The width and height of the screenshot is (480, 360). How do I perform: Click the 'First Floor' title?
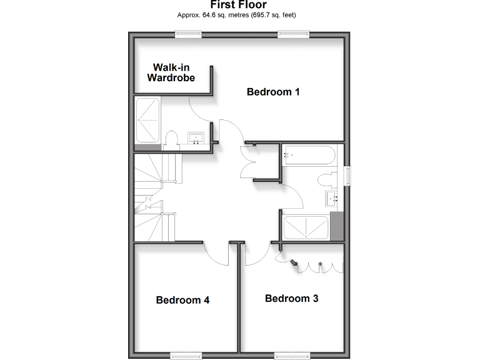click(x=239, y=5)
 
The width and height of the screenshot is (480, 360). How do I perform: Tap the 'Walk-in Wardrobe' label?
click(x=171, y=72)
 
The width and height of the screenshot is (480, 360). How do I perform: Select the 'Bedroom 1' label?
click(x=273, y=92)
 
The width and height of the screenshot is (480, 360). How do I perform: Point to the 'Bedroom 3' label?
click(x=291, y=298)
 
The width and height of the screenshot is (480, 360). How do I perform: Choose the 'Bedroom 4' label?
click(x=182, y=300)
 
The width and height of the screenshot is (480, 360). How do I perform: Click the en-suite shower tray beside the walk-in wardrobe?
click(x=147, y=119)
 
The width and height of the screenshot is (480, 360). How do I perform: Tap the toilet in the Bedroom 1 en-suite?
click(x=171, y=139)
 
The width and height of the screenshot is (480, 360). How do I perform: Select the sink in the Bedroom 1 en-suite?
click(x=197, y=138)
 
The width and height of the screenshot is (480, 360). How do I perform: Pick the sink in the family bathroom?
click(x=331, y=199)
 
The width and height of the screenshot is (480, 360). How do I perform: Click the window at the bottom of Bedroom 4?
click(x=187, y=356)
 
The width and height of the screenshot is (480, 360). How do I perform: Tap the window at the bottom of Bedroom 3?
click(x=292, y=356)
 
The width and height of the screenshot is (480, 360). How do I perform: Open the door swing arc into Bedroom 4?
click(x=216, y=254)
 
